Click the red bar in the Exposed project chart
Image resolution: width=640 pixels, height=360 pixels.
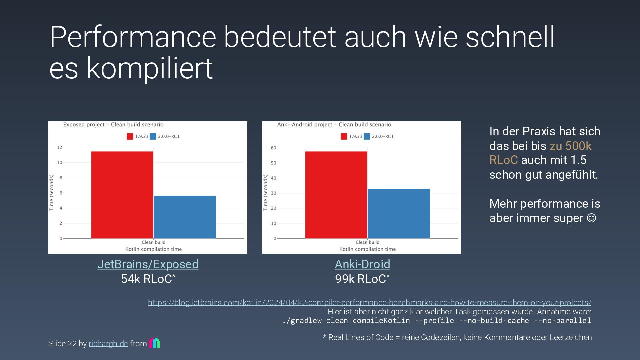pos(122,195)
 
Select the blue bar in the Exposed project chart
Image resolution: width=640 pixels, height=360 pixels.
pos(185,217)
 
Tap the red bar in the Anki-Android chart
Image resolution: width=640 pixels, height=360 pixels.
pos(336,195)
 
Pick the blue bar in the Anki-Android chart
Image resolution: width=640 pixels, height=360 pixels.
pos(399,214)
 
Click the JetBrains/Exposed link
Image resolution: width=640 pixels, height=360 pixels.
pos(148,264)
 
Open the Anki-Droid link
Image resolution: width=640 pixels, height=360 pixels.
pos(362,264)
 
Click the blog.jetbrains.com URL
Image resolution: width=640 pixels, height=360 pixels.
pos(369,303)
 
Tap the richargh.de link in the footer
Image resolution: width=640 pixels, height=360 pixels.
pos(108,344)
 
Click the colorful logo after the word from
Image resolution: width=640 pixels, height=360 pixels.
pos(154,343)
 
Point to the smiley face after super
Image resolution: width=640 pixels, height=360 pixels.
pos(591,218)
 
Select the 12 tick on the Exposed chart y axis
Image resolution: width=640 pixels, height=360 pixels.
pos(59,147)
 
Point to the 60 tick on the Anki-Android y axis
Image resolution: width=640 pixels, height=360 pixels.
pos(273,148)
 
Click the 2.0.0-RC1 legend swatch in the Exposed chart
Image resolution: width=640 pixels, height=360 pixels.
pos(153,136)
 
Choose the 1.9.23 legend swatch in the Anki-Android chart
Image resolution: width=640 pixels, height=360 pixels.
pos(344,136)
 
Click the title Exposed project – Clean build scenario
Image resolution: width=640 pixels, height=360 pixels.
pos(113,125)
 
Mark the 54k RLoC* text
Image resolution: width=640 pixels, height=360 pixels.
pos(148,279)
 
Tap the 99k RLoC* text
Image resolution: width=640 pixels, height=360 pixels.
pos(362,279)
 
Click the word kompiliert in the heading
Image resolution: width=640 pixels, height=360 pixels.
pos(149,68)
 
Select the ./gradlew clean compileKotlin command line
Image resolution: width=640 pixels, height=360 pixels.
pos(436,321)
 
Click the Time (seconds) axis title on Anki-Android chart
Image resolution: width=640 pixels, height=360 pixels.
pos(265,193)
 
